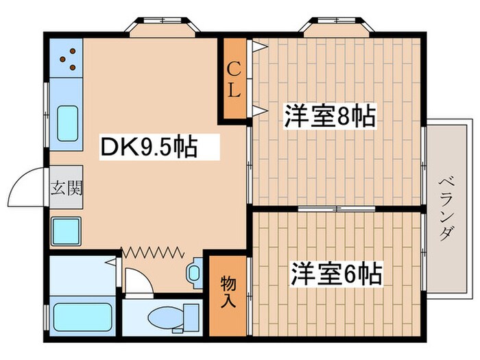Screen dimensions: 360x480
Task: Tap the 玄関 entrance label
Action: tap(66, 187)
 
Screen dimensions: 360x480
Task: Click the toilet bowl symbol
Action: tap(167, 319)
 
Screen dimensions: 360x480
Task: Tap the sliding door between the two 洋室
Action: tap(336, 207)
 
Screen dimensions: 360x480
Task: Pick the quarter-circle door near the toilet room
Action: tap(137, 281)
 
